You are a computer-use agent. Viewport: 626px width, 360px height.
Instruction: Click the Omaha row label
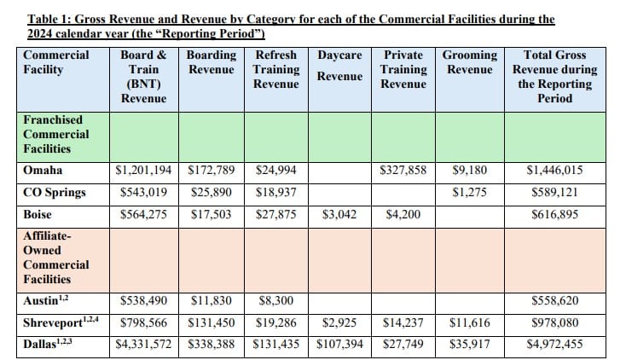click(x=42, y=171)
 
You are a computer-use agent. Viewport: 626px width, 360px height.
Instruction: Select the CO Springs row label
click(x=55, y=193)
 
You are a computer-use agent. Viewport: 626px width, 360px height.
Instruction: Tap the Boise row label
click(x=39, y=215)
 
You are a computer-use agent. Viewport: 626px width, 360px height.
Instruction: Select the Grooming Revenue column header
click(x=470, y=62)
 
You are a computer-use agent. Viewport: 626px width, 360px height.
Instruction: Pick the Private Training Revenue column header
click(x=403, y=69)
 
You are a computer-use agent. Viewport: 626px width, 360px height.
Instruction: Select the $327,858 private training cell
click(x=403, y=171)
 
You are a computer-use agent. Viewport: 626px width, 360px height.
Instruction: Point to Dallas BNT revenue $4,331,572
click(x=143, y=345)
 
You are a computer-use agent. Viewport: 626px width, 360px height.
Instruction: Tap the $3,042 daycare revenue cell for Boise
click(x=339, y=215)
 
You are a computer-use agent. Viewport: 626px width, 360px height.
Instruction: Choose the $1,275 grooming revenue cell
click(x=470, y=193)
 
